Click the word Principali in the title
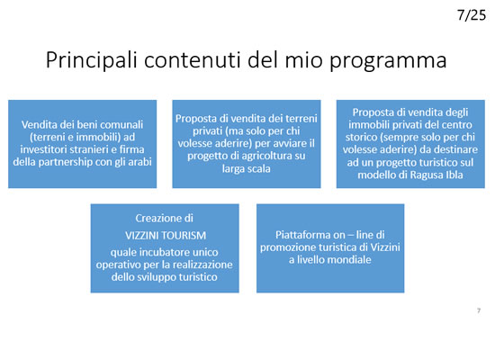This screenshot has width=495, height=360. [92, 60]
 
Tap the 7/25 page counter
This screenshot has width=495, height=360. [472, 15]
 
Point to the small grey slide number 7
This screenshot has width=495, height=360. [479, 310]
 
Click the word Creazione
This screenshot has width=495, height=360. [157, 218]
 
